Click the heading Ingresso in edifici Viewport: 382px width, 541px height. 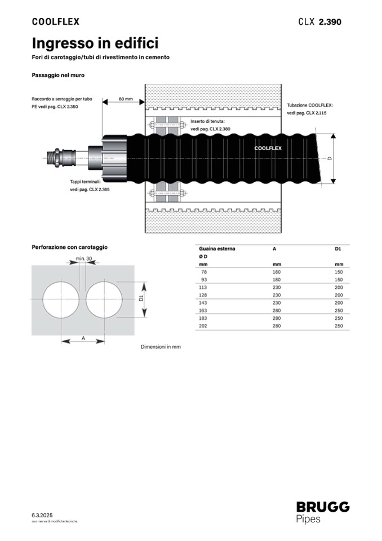tap(95, 43)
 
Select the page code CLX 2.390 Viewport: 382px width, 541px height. tap(319, 22)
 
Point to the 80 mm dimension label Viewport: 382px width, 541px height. tap(125, 99)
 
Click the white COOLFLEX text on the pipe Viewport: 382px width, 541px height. tap(268, 148)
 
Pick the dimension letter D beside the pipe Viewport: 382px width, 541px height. tap(330, 159)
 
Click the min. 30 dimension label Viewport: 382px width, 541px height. tap(83, 259)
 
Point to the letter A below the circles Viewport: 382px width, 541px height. tap(83, 338)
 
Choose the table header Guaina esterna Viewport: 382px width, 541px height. tap(217, 248)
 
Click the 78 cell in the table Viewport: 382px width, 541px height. tap(203, 272)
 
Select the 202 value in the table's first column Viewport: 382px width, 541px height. tap(203, 326)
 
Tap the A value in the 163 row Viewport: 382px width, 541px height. tap(276, 310)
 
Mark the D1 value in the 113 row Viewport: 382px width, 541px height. tap(339, 287)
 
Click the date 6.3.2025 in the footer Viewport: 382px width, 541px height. tap(42, 516)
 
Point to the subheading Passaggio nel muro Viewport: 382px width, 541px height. tap(58, 74)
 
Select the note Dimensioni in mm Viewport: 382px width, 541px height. tap(161, 347)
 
